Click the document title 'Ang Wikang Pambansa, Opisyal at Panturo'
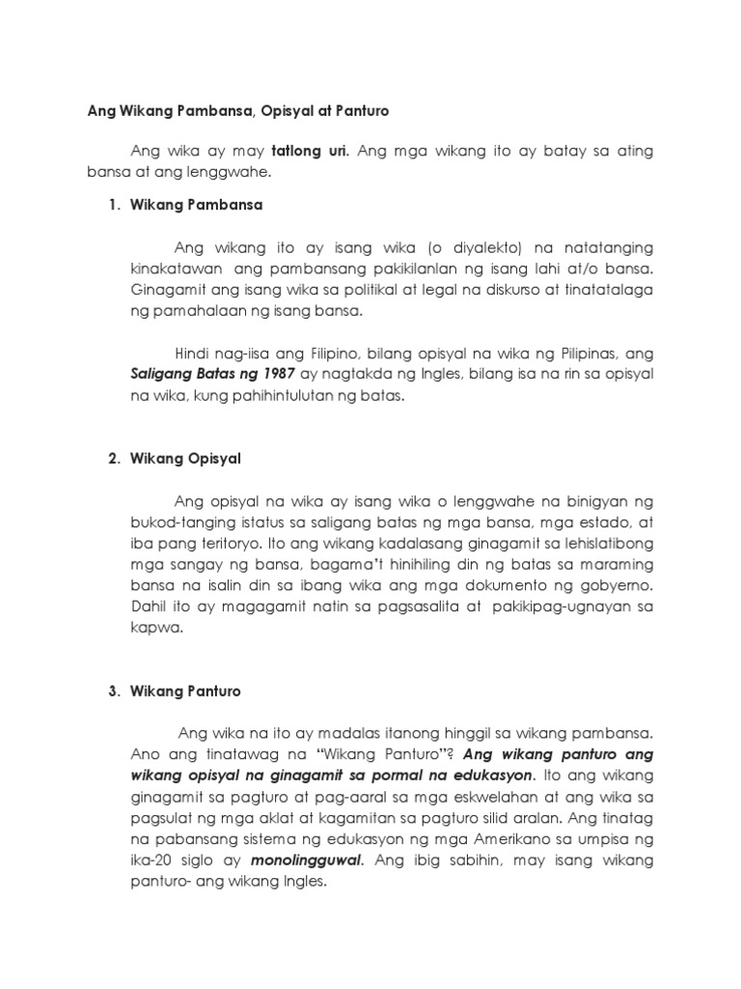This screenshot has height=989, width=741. [237, 111]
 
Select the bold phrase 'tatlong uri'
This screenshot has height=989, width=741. [308, 151]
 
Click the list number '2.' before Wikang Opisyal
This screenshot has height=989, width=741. [113, 459]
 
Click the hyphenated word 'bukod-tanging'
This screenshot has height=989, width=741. [179, 522]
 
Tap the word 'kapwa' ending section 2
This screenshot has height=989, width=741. [151, 628]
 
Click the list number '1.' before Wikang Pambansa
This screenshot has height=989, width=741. [113, 206]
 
